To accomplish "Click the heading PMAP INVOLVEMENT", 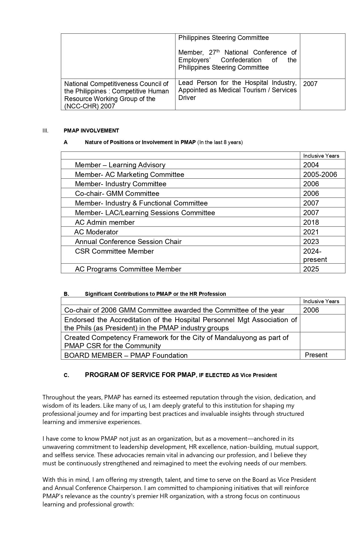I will (91, 130).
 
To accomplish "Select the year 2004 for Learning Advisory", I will (311, 165).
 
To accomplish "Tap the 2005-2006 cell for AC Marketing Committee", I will (320, 174).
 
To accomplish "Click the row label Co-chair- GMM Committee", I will (117, 194).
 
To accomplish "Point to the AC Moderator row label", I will (96, 232).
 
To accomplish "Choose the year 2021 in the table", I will (311, 232).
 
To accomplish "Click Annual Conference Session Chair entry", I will (128, 242).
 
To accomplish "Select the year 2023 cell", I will (311, 242).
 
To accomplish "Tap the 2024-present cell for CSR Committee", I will (315, 255).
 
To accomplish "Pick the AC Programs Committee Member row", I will (128, 269).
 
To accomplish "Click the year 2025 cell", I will (311, 269).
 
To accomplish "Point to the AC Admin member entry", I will (104, 222).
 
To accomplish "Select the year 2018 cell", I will (311, 222).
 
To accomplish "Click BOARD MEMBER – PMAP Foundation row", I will (126, 355).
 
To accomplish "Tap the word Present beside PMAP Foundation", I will (316, 355).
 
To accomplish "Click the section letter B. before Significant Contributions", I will (66, 294).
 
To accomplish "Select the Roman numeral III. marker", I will (45, 130).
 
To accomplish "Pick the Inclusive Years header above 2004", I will (321, 156).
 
